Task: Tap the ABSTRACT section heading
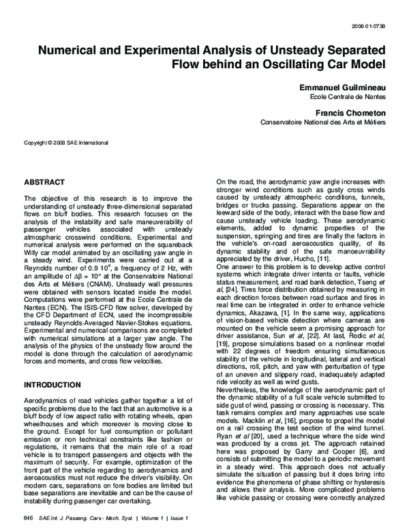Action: click(45, 183)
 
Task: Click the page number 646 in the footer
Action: click(28, 519)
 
